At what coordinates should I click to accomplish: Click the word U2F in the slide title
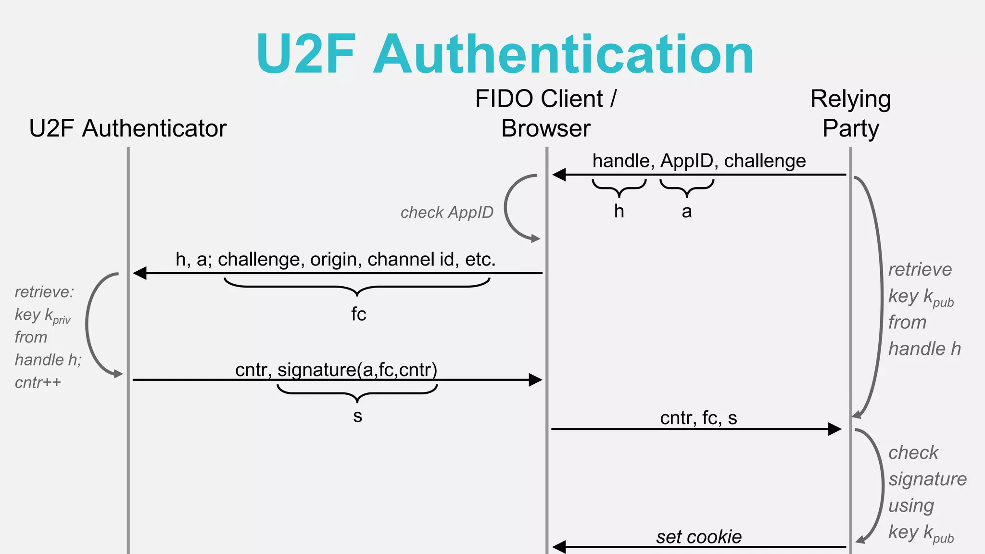tap(306, 54)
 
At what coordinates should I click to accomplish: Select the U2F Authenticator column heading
tap(127, 128)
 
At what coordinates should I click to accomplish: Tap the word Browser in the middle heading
tap(545, 128)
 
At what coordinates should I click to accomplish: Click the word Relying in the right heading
tap(850, 100)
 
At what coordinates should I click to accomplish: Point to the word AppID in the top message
tap(687, 161)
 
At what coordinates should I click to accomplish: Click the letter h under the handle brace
tap(619, 211)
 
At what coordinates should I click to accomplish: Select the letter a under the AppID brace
tap(687, 212)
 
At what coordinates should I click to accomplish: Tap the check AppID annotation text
tap(447, 213)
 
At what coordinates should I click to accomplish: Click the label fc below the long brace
tap(358, 315)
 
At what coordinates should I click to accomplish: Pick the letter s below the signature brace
tap(357, 416)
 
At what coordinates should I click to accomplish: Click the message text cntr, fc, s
tap(698, 418)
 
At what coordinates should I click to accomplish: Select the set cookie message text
tap(698, 537)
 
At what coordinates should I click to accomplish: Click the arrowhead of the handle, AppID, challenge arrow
tap(559, 175)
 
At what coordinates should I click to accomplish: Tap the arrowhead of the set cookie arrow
tap(559, 547)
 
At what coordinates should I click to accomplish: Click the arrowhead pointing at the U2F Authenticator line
tap(140, 273)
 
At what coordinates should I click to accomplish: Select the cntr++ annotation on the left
tap(38, 383)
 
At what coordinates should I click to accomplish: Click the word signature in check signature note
tap(927, 479)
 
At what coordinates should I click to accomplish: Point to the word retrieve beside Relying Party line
tap(920, 270)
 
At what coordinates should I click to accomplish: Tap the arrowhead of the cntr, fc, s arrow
tap(834, 429)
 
